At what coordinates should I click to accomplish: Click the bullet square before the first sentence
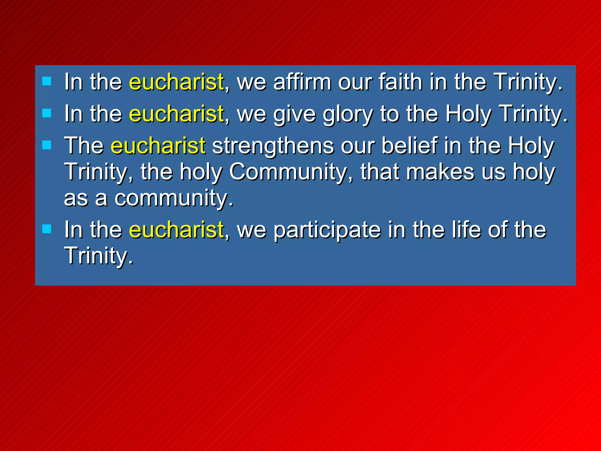pyautogui.click(x=47, y=81)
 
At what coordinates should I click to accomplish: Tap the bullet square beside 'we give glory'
pyautogui.click(x=47, y=113)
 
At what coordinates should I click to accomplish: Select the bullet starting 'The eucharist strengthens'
pyautogui.click(x=47, y=145)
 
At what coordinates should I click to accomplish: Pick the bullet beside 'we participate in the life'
pyautogui.click(x=47, y=229)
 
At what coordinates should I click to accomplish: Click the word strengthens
pyautogui.click(x=273, y=146)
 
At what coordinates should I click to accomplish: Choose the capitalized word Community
pyautogui.click(x=288, y=172)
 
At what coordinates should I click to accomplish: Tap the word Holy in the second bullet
pyautogui.click(x=468, y=114)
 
